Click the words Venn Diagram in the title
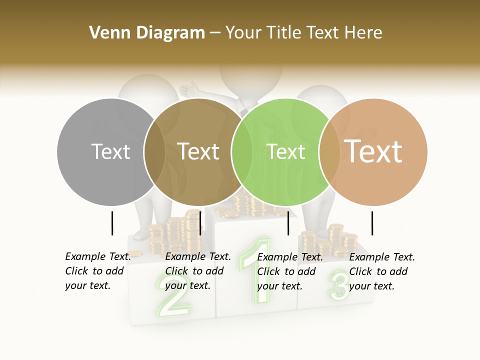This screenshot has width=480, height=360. tap(147, 33)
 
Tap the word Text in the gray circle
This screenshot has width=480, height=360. tap(111, 151)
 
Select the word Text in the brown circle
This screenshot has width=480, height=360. tap(198, 151)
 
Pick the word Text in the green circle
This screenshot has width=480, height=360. tap(286, 151)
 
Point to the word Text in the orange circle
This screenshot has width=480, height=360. tap(373, 151)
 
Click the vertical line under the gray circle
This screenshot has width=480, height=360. tap(112, 223)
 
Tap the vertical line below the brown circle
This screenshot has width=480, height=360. tap(200, 223)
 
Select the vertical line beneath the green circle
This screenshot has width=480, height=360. tap(288, 223)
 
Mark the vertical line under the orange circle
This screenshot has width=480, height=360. tap(372, 223)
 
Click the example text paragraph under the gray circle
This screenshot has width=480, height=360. tap(97, 271)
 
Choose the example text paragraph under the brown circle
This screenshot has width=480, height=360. tap(197, 271)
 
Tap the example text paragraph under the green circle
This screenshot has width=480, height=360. tap(289, 271)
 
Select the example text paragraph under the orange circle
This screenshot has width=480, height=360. tap(381, 271)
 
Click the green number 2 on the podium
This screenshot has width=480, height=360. tap(172, 300)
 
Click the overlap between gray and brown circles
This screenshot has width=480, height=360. tap(154, 151)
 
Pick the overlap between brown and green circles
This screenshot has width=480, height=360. tap(242, 151)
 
